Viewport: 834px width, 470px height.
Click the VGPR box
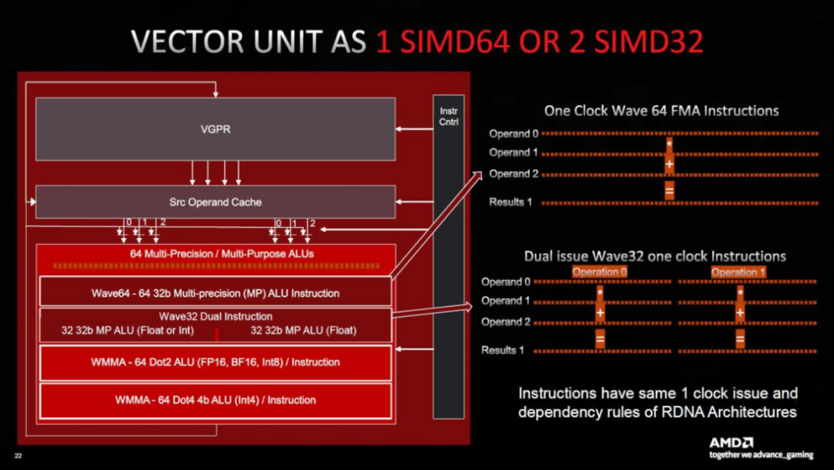pos(215,129)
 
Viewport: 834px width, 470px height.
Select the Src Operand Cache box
pos(215,202)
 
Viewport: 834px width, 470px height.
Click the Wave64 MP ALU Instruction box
pos(215,293)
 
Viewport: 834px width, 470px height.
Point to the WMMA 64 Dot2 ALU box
pos(215,362)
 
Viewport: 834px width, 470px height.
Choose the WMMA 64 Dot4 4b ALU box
pos(215,400)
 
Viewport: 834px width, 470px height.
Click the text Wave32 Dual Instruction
pos(215,316)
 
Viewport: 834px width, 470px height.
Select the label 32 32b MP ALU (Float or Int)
pos(127,331)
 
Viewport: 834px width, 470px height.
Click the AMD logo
pos(731,442)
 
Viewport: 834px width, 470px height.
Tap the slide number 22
pos(19,456)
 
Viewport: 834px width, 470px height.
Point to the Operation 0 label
pos(600,272)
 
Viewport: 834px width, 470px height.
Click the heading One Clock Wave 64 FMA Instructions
pos(661,111)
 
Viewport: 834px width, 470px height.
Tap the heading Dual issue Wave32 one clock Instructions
pos(655,256)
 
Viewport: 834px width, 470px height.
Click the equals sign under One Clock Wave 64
pos(670,190)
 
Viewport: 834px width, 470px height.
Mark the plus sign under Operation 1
pos(740,313)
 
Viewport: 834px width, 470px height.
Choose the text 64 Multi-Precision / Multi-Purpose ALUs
pos(222,254)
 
